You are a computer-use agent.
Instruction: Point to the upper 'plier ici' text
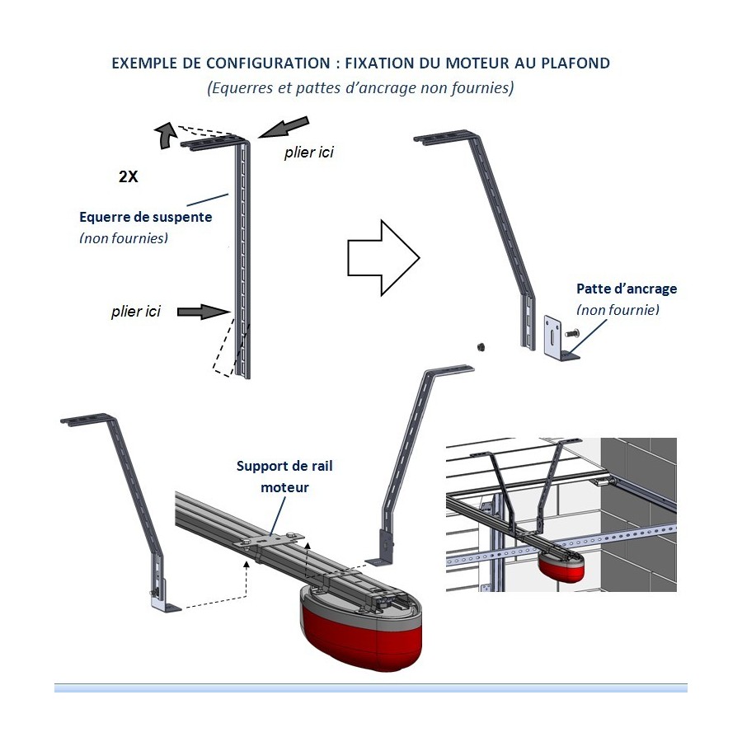pyautogui.click(x=309, y=153)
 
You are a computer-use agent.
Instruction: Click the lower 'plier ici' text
pyautogui.click(x=136, y=312)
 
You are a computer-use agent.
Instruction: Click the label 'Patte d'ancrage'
pyautogui.click(x=627, y=289)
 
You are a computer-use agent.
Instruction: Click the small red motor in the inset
pyautogui.click(x=562, y=566)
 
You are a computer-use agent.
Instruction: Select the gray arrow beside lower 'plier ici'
pyautogui.click(x=201, y=312)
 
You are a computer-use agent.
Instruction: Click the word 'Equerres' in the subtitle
pyautogui.click(x=238, y=88)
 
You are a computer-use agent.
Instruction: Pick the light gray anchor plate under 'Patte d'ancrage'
pyautogui.click(x=553, y=339)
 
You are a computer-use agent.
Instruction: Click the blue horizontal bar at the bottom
pyautogui.click(x=371, y=688)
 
